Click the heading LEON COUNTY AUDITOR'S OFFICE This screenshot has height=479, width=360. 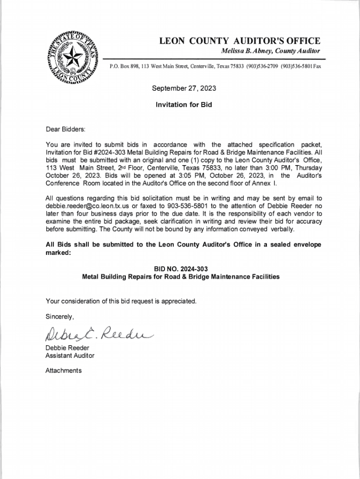(x=240, y=41)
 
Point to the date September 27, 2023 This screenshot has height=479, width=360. (x=184, y=88)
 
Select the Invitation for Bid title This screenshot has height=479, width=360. (x=184, y=105)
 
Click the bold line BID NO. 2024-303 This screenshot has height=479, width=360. (x=181, y=269)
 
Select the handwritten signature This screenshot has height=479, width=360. (x=98, y=333)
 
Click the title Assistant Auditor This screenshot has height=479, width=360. (x=70, y=356)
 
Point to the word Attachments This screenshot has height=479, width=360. (x=63, y=370)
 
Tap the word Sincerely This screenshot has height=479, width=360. (x=59, y=317)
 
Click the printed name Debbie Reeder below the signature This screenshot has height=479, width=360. (x=67, y=348)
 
